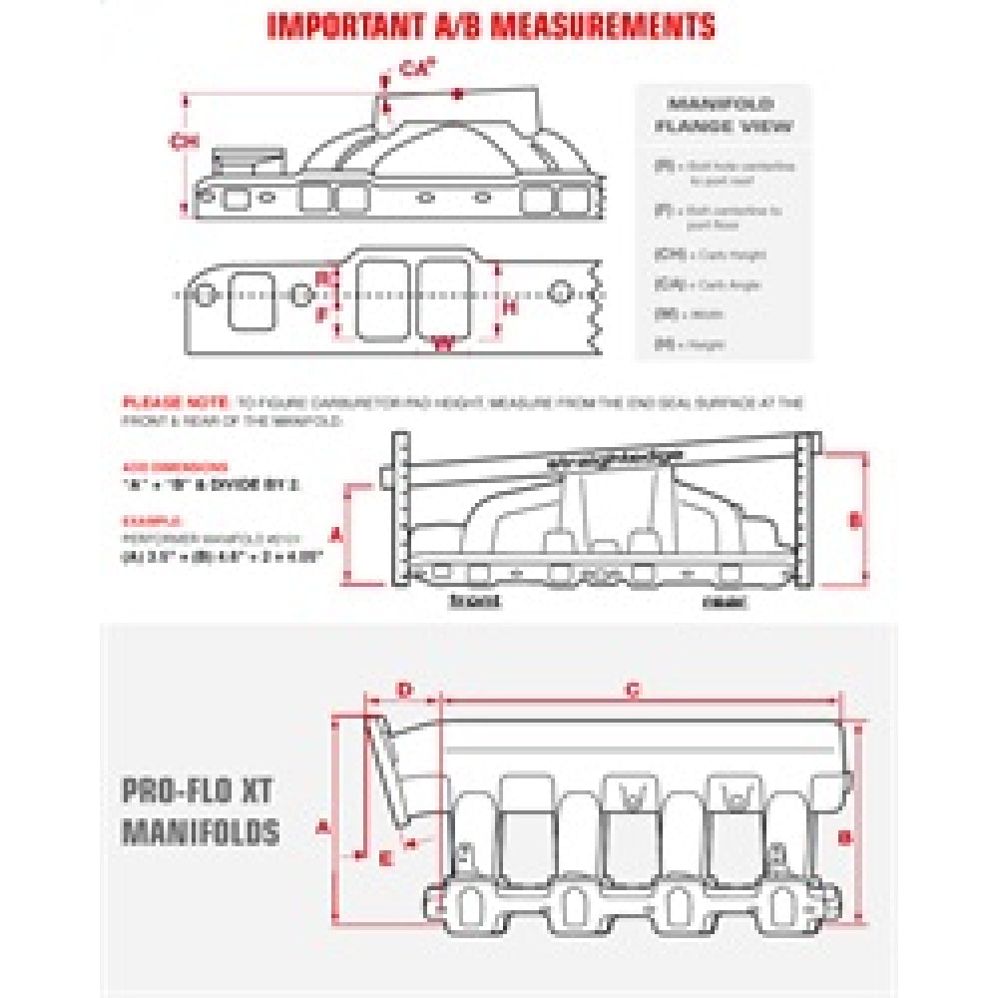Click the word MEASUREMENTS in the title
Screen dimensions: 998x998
coord(608,24)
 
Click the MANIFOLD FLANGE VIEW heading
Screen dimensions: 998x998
coord(724,115)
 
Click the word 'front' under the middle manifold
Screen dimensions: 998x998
coord(474,601)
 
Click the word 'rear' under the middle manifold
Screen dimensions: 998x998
coord(719,601)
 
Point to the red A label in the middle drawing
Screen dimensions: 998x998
coord(336,534)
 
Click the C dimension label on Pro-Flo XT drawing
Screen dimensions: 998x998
coord(631,690)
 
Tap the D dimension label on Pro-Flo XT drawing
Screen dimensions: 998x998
coord(405,690)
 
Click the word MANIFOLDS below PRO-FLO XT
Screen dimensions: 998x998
coord(200,830)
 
